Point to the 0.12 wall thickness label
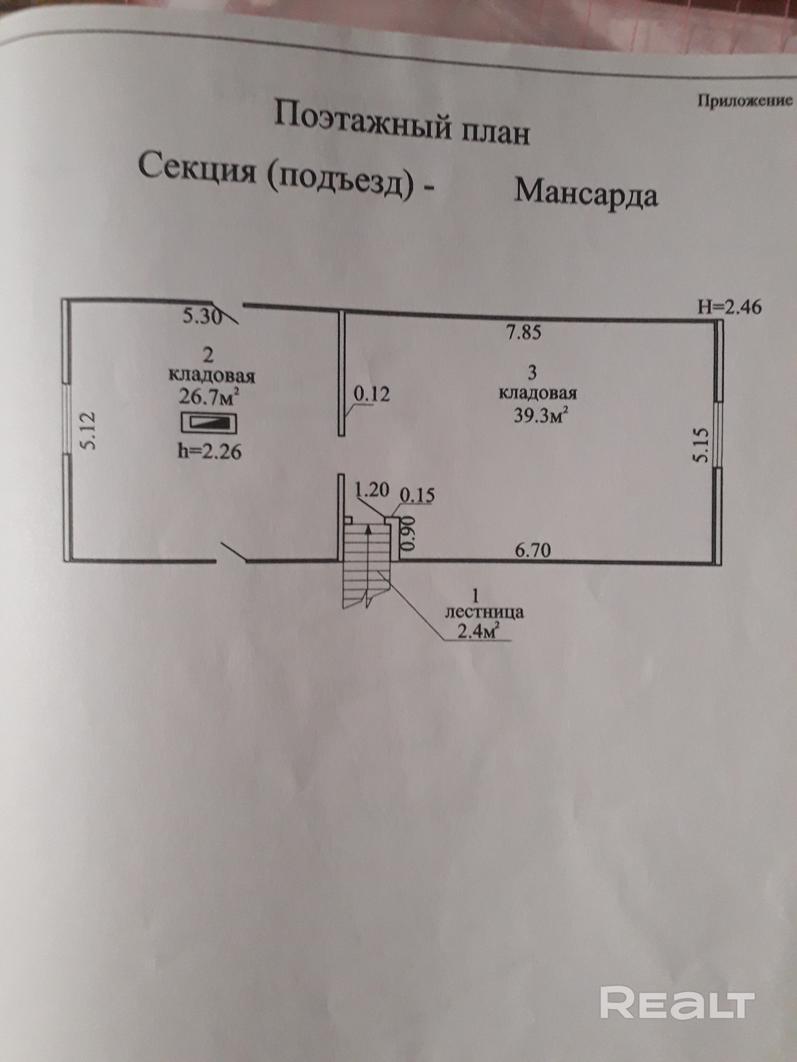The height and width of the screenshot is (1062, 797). click(x=372, y=395)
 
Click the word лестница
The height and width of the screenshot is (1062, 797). click(x=485, y=613)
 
